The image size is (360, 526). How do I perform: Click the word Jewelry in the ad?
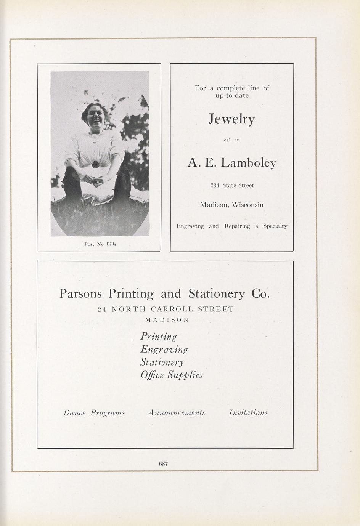click(231, 120)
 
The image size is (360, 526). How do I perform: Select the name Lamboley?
click(249, 163)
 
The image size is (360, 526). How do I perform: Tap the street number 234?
click(215, 185)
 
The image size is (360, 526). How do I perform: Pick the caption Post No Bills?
click(100, 244)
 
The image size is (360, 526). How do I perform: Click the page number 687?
click(164, 464)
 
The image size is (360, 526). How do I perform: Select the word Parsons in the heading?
click(81, 294)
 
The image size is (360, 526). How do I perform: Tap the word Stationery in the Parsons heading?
click(216, 294)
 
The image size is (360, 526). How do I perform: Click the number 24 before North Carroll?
click(102, 309)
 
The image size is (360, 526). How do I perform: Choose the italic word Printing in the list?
click(159, 337)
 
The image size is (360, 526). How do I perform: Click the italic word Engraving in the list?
click(164, 350)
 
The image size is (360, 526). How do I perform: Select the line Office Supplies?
click(172, 375)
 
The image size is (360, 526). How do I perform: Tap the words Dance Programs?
click(94, 413)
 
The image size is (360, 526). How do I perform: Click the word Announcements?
click(177, 413)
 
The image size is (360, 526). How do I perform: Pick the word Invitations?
click(248, 413)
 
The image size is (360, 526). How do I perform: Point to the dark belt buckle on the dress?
click(95, 165)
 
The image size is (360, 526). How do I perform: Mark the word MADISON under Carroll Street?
click(167, 320)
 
